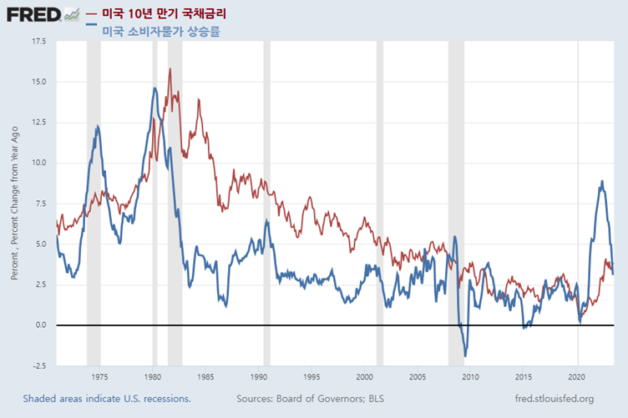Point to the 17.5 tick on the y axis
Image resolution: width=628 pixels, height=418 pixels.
tap(38, 41)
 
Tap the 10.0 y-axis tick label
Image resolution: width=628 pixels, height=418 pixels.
tap(38, 163)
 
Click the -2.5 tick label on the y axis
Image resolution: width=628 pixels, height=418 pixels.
tap(38, 365)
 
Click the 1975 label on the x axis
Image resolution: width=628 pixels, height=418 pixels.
tap(99, 377)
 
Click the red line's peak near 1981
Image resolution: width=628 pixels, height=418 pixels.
tap(170, 69)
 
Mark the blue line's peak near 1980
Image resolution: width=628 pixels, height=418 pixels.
tap(155, 88)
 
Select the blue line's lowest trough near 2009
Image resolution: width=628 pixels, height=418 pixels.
tap(465, 356)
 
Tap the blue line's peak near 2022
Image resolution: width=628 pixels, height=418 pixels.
tap(602, 181)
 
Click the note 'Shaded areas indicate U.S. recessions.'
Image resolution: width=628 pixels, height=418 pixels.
tap(107, 399)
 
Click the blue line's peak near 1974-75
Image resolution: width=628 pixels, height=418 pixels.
tap(98, 127)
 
